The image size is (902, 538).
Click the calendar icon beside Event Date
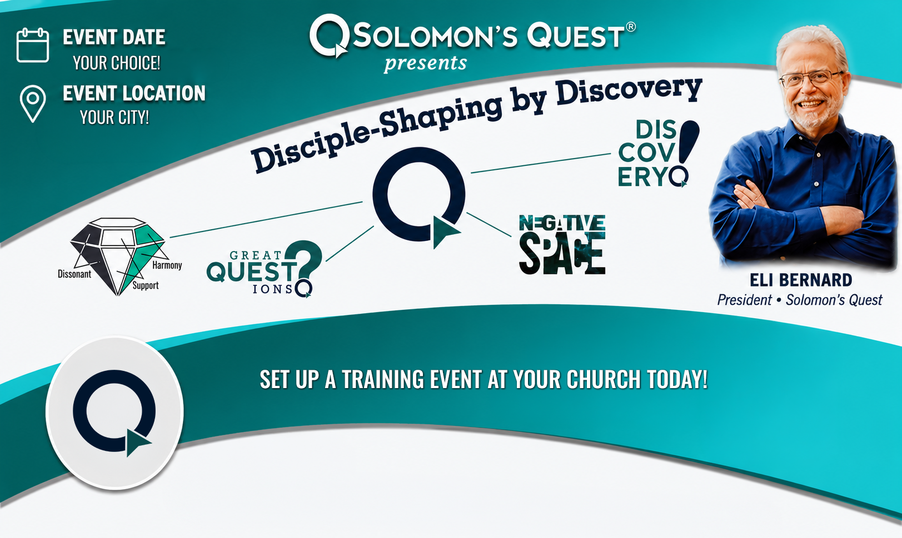pyautogui.click(x=33, y=45)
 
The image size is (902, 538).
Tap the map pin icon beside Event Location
pyautogui.click(x=33, y=104)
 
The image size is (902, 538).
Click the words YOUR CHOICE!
pyautogui.click(x=116, y=63)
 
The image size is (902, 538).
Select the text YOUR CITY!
pyautogui.click(x=114, y=118)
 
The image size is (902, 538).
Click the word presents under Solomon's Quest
pyautogui.click(x=425, y=64)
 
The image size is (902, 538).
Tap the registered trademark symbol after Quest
pyautogui.click(x=631, y=27)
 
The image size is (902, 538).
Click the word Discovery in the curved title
pyautogui.click(x=629, y=92)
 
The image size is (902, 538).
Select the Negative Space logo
pyautogui.click(x=562, y=244)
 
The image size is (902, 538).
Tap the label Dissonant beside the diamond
pyautogui.click(x=74, y=274)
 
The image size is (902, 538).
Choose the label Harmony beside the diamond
pyautogui.click(x=167, y=265)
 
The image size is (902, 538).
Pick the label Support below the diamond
pyautogui.click(x=146, y=285)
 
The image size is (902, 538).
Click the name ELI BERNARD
pyautogui.click(x=800, y=280)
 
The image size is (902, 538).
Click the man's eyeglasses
pyautogui.click(x=810, y=78)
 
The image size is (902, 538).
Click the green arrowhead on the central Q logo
pyautogui.click(x=445, y=232)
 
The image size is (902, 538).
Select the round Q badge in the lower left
pyautogui.click(x=114, y=413)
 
